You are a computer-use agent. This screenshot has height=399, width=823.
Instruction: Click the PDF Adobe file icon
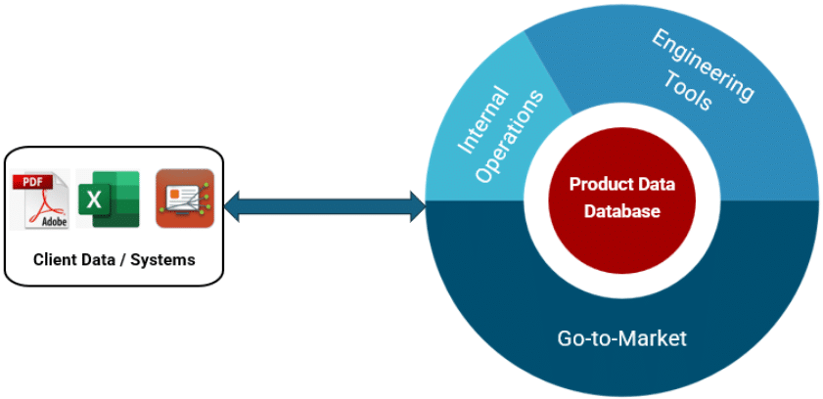pyautogui.click(x=40, y=199)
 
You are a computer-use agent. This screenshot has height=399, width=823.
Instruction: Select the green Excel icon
pyautogui.click(x=109, y=199)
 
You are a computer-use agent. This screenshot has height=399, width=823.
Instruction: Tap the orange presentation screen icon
pyautogui.click(x=185, y=199)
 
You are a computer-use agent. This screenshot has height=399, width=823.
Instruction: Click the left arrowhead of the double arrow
pyautogui.click(x=232, y=206)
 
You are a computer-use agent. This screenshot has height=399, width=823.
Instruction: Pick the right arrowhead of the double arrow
pyautogui.click(x=418, y=206)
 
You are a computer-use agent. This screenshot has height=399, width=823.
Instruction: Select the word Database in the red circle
pyautogui.click(x=622, y=211)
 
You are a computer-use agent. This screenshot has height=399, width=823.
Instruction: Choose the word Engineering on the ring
pyautogui.click(x=703, y=65)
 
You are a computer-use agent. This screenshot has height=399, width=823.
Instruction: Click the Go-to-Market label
pyautogui.click(x=621, y=338)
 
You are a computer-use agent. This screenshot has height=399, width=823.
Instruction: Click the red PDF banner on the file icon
pyautogui.click(x=32, y=183)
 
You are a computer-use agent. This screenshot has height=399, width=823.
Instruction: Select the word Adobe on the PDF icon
pyautogui.click(x=55, y=221)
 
